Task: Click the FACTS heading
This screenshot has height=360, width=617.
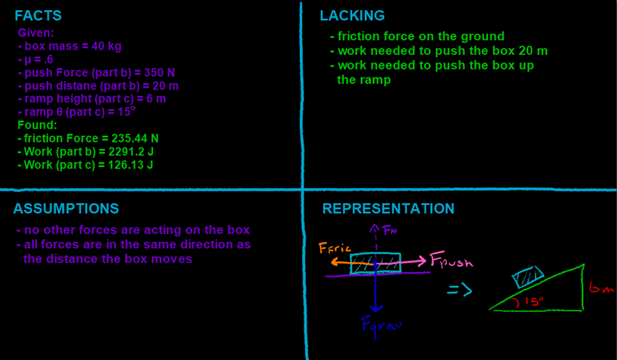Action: pyautogui.click(x=38, y=16)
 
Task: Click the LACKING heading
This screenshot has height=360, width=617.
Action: pyautogui.click(x=352, y=15)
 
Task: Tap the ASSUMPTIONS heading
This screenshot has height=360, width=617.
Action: pyautogui.click(x=66, y=209)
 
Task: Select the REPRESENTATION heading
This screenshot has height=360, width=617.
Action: pyautogui.click(x=388, y=209)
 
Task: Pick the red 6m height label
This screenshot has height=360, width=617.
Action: pyautogui.click(x=601, y=287)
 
